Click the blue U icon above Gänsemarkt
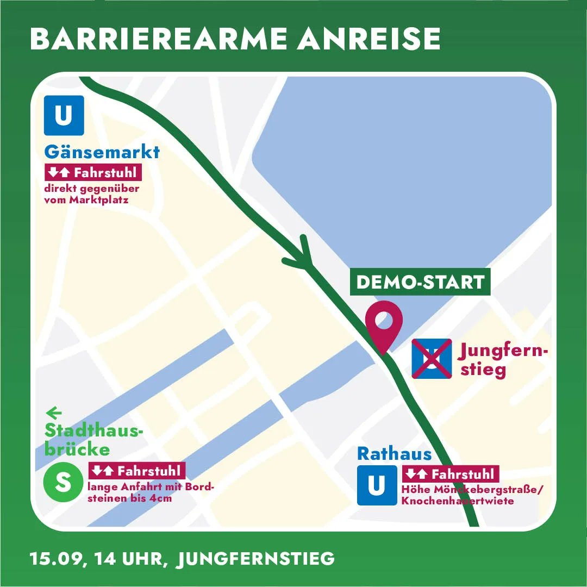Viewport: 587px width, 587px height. (x=64, y=115)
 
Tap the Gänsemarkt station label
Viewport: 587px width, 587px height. (x=102, y=152)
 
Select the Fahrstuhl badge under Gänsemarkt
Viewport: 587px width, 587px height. (x=93, y=173)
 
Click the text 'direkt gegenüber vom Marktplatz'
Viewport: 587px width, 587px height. (x=91, y=194)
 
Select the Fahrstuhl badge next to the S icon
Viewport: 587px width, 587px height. (x=136, y=471)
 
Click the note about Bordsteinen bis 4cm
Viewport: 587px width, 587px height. (x=151, y=492)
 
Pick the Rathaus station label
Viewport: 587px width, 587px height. (x=394, y=454)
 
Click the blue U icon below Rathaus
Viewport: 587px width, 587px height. (x=377, y=485)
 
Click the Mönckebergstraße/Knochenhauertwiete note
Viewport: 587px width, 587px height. (x=472, y=495)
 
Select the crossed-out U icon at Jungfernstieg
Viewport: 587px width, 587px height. (x=432, y=359)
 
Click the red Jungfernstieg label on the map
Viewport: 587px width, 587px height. (x=503, y=360)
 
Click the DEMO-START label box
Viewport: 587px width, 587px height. (x=420, y=282)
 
